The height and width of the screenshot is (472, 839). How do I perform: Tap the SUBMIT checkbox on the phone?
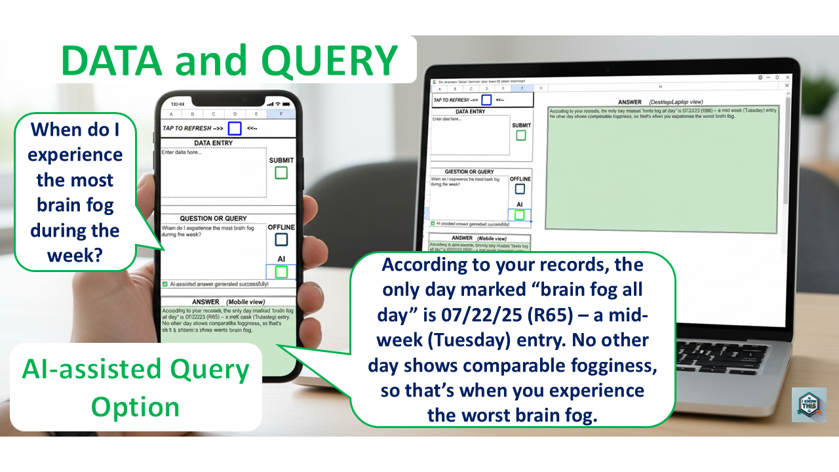[281, 172]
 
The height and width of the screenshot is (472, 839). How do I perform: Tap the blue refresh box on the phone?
[235, 128]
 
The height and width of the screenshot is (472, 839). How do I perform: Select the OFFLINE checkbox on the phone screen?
[281, 240]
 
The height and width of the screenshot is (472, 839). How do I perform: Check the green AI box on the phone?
[281, 271]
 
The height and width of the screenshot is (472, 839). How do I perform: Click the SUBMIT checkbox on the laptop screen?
[521, 136]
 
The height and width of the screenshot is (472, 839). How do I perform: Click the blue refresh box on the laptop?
[486, 100]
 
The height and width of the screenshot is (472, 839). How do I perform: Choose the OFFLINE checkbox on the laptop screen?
[520, 189]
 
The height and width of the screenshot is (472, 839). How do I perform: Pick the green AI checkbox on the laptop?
[520, 214]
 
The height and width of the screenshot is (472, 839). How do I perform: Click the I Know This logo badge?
[808, 404]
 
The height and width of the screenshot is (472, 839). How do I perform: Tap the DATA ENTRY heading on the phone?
[214, 143]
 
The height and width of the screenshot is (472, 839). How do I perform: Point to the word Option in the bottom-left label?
[135, 407]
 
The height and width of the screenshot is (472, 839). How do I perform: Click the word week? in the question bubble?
[75, 254]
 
